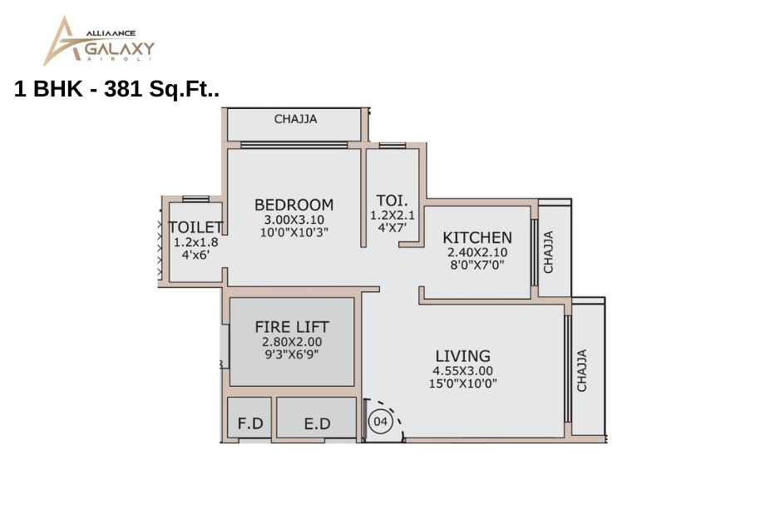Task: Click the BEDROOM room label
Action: pos(294,205)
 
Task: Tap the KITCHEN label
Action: pos(477,238)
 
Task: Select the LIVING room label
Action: pos(463,356)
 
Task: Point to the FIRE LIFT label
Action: pos(292,326)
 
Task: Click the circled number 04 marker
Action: pos(381,421)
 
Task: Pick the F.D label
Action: pos(250,423)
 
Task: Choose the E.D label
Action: pos(317,424)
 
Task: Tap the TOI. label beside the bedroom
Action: pos(392,201)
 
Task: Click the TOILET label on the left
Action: pos(195,227)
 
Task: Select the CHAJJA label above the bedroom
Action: pos(296,119)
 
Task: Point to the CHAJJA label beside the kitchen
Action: pos(548,252)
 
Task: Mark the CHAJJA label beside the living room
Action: pos(581,370)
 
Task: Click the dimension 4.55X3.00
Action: pos(462,371)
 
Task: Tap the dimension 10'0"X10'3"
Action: pos(294,232)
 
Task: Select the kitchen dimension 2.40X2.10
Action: pos(477,253)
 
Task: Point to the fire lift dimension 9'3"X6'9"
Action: pos(292,354)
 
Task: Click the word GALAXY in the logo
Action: pos(120,49)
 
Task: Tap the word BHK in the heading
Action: pos(57,89)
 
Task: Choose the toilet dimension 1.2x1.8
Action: pos(195,242)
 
